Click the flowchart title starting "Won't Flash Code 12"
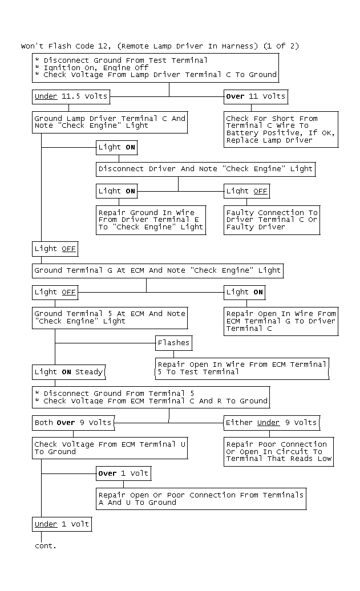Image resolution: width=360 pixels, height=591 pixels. [x=160, y=46]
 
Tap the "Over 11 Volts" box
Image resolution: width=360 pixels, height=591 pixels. [x=256, y=96]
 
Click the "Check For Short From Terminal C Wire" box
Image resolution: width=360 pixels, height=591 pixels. [x=281, y=129]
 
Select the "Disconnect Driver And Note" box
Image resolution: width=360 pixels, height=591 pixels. [x=205, y=169]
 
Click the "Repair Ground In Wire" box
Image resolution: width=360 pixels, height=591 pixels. [x=151, y=220]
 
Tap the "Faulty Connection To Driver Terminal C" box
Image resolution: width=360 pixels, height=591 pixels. [x=272, y=220]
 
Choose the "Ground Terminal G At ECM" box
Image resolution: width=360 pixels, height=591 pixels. [x=157, y=270]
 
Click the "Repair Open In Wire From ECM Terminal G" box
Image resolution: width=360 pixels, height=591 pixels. [x=281, y=321]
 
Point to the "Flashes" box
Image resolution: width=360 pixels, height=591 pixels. [x=173, y=343]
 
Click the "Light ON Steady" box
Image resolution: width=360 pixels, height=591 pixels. [x=68, y=372]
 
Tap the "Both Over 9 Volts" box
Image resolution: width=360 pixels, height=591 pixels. [x=73, y=423]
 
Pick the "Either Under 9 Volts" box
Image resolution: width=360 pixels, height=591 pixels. [x=272, y=423]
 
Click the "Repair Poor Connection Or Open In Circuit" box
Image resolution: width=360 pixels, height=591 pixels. [x=278, y=451]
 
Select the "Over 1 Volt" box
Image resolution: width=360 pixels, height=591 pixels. [x=124, y=473]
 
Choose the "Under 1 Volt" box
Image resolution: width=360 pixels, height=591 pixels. [x=62, y=524]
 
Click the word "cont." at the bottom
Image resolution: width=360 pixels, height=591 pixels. [x=46, y=546]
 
